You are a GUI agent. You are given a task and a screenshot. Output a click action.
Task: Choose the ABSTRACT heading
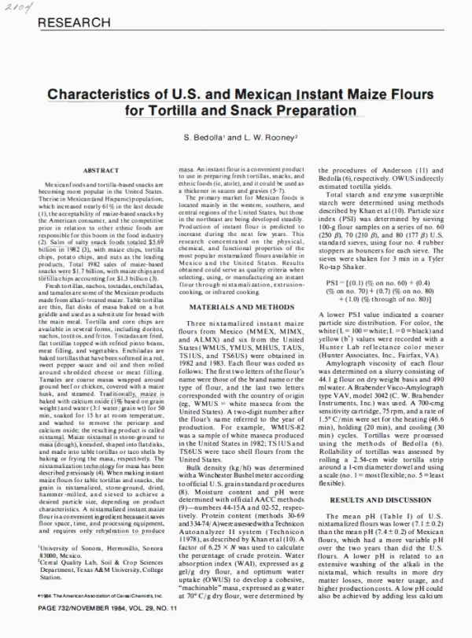click(x=101, y=170)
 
